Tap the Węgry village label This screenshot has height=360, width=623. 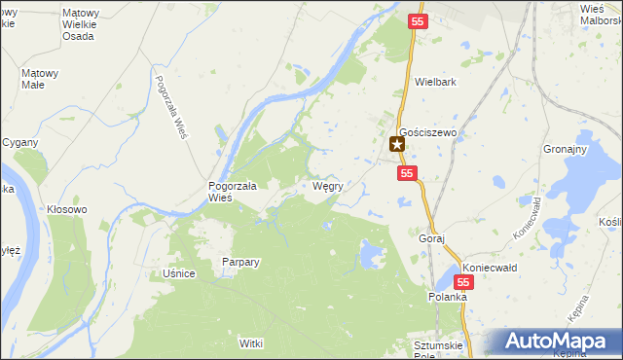(x=326, y=186)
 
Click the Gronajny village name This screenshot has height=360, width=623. (x=565, y=149)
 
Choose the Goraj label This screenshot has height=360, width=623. (x=431, y=238)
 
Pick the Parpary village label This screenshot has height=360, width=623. (x=239, y=262)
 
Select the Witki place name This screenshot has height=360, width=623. (x=251, y=343)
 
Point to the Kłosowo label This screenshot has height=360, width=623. (x=67, y=209)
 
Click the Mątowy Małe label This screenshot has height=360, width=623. (x=40, y=78)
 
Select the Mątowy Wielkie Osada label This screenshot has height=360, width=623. (x=78, y=24)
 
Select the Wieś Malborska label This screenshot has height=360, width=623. (x=600, y=14)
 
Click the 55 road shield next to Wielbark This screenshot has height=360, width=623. (x=418, y=20)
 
